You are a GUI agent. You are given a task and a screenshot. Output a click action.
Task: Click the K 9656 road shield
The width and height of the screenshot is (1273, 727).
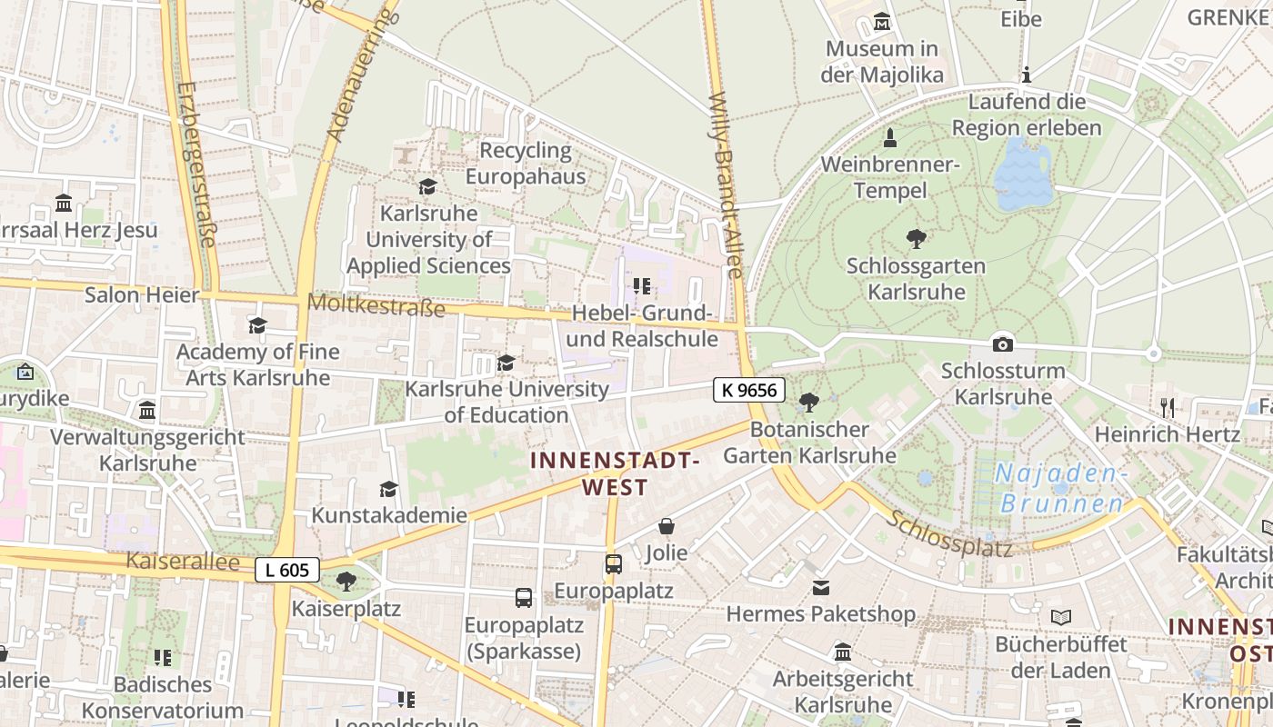click(748, 390)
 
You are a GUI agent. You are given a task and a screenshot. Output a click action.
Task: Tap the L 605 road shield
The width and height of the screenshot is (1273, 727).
click(287, 571)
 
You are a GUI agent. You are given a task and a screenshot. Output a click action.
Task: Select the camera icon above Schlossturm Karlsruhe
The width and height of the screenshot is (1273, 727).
click(1003, 344)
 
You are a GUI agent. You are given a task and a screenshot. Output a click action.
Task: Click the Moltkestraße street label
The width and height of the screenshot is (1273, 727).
click(376, 304)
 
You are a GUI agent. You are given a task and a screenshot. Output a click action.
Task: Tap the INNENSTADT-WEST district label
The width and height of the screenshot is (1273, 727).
click(616, 473)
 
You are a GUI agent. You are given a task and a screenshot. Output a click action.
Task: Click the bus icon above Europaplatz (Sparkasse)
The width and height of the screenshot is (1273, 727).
click(524, 597)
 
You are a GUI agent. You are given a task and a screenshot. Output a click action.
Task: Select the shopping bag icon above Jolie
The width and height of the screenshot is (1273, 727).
click(667, 526)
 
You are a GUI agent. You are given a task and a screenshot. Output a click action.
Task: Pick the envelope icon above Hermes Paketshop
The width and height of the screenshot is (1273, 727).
click(821, 587)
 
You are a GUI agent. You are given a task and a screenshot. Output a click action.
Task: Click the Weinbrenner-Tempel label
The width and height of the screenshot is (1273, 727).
click(890, 177)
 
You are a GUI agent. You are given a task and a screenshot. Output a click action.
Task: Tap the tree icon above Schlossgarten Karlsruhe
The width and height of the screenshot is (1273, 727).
click(917, 239)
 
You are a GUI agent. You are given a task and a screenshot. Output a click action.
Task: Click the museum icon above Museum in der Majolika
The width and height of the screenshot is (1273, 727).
click(881, 22)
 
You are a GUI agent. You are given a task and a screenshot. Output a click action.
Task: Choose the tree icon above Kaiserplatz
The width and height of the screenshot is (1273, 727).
click(346, 582)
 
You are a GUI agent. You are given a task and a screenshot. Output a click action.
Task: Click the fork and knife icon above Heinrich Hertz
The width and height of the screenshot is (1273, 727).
click(1168, 407)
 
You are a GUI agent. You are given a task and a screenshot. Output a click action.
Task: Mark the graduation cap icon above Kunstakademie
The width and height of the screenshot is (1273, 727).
click(388, 489)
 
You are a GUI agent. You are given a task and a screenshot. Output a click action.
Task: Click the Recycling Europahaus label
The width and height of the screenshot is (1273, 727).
click(526, 164)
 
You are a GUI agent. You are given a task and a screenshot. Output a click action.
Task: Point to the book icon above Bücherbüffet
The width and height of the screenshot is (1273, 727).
click(1060, 617)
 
